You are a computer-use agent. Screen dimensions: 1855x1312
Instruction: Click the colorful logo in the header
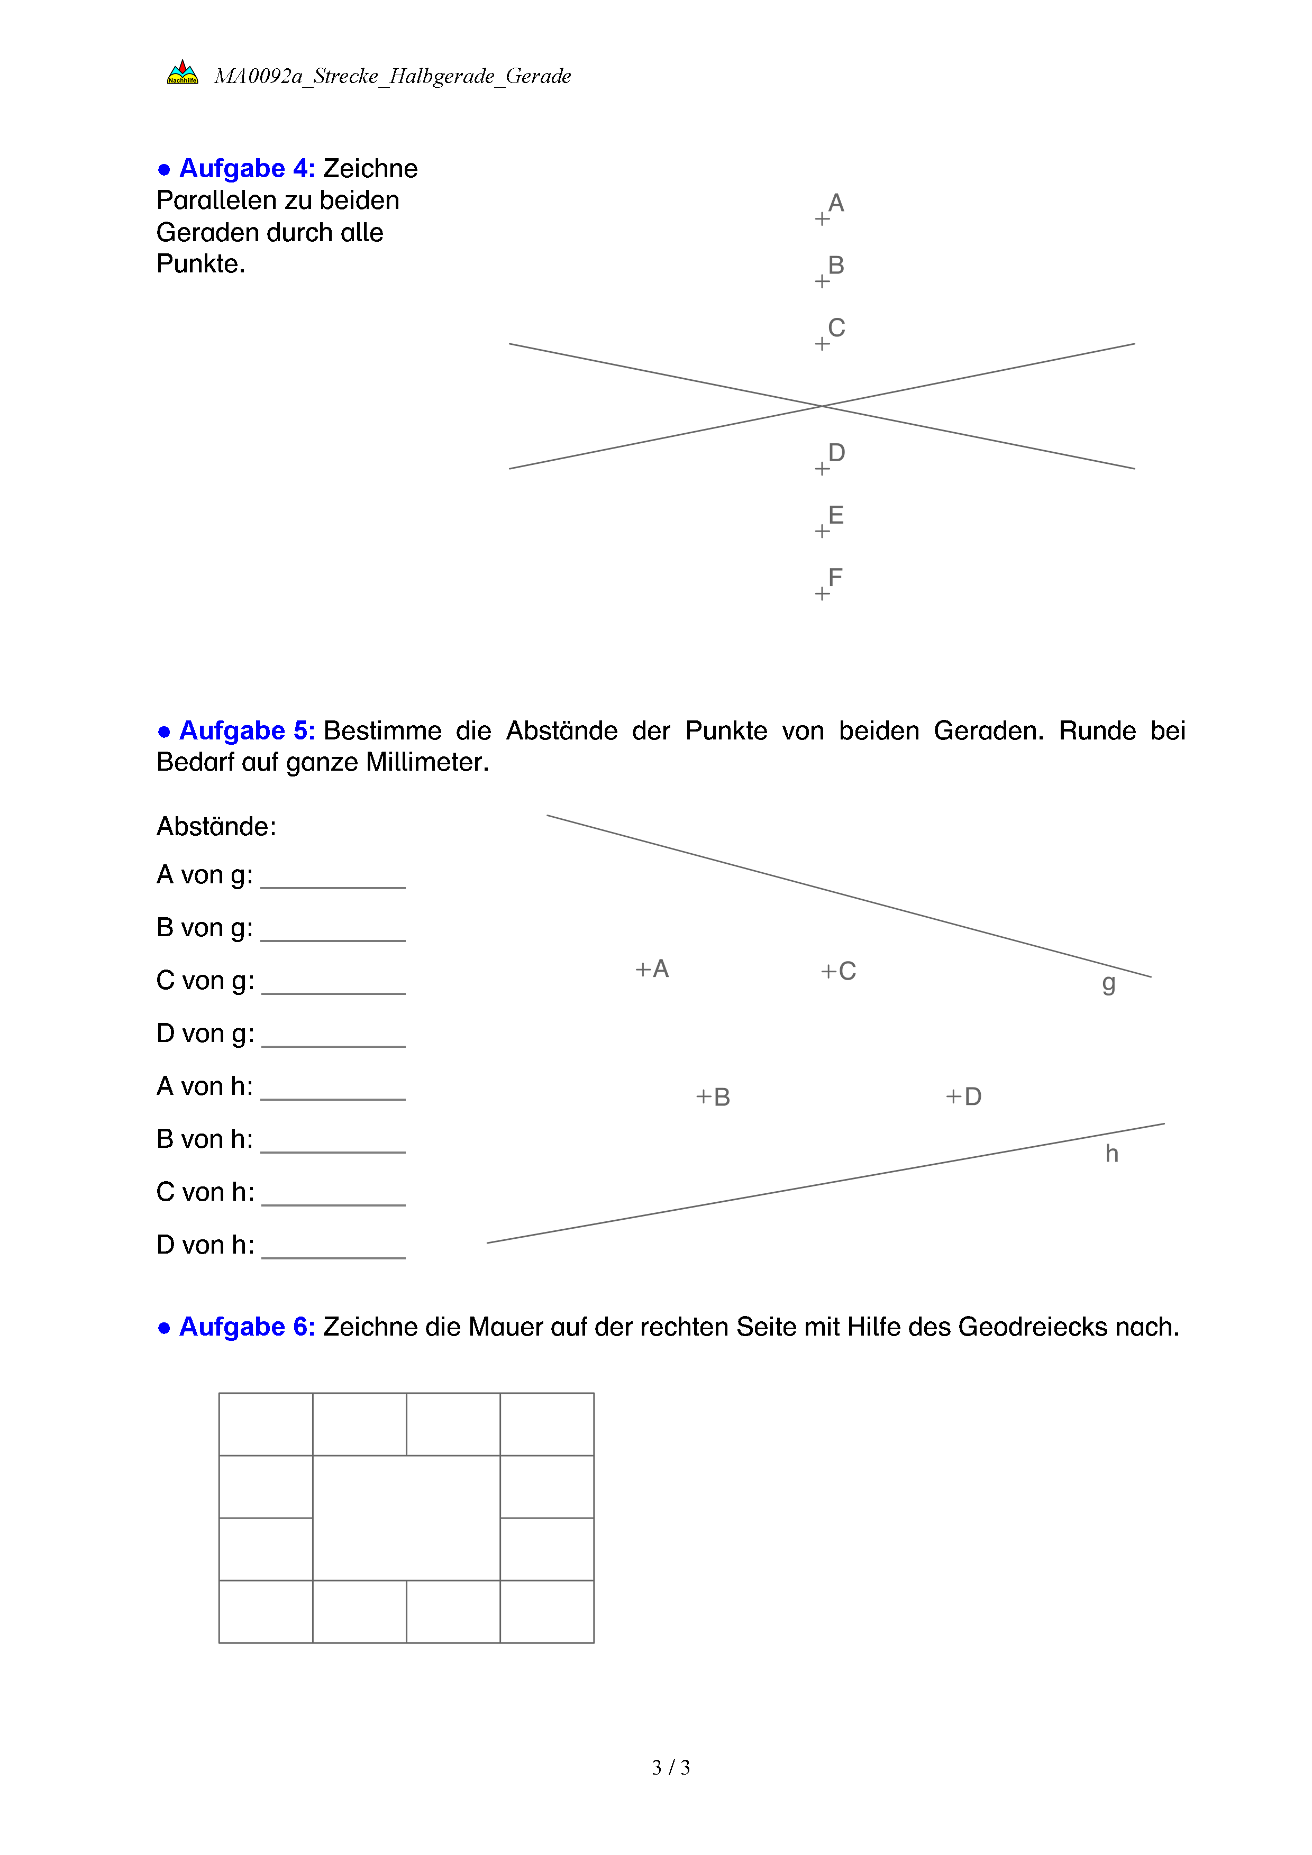tap(182, 72)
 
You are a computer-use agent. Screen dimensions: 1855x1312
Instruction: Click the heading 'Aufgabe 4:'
tap(247, 168)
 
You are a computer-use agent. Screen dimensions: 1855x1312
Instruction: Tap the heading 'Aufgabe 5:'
tap(247, 730)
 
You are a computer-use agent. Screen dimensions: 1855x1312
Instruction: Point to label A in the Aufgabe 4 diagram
tap(836, 203)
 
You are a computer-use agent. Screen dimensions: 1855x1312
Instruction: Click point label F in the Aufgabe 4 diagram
tap(835, 578)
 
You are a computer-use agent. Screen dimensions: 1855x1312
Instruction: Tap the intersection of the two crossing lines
tap(822, 406)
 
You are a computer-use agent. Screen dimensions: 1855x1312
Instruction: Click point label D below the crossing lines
tap(836, 452)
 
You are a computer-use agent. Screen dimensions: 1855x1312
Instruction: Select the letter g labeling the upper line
tap(1108, 984)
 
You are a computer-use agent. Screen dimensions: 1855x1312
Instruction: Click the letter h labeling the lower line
tap(1111, 1154)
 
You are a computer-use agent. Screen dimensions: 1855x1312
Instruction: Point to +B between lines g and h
tap(713, 1097)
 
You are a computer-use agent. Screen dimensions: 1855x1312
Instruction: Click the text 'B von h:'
tap(204, 1139)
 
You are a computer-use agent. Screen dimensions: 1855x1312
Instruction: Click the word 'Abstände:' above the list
tap(216, 827)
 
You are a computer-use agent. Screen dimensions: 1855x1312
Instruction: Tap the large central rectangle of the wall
tap(406, 1518)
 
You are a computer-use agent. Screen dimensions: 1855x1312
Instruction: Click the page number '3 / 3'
tap(670, 1768)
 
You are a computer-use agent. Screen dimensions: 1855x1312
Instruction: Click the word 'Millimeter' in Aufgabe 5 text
tap(426, 762)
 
